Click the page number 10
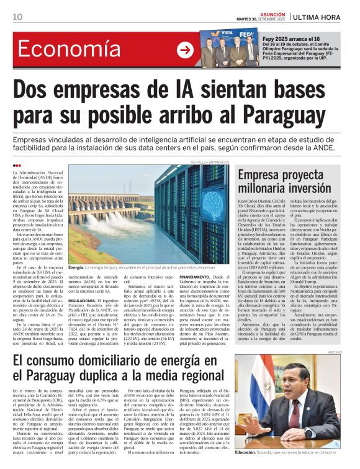point(17,16)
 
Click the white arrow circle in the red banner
point(185,50)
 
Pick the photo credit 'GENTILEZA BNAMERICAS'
point(210,162)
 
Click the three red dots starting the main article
point(17,165)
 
